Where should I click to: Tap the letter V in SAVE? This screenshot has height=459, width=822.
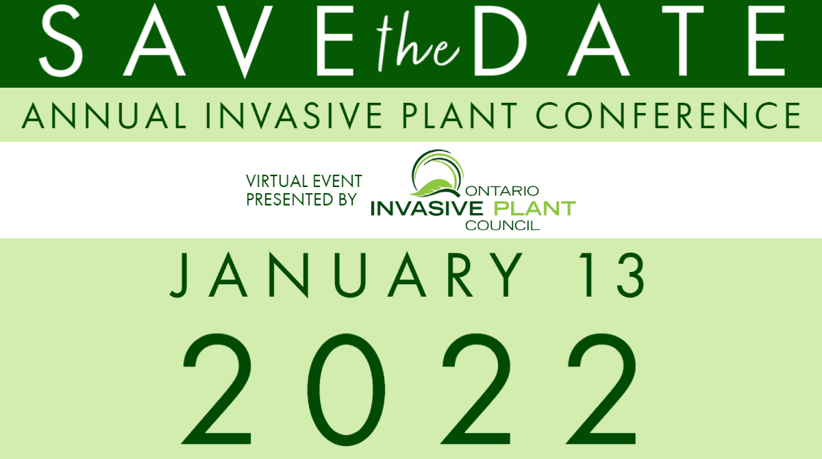[x=245, y=41]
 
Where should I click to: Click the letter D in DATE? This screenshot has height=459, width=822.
[x=500, y=40]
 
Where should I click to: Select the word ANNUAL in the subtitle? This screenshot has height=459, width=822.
[x=104, y=116]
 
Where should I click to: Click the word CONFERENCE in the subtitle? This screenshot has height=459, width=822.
[x=669, y=116]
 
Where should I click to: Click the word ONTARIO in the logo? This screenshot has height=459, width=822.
[x=502, y=190]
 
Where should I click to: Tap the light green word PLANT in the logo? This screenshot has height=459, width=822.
[x=535, y=208]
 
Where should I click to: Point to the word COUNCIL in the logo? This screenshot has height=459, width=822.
[x=502, y=225]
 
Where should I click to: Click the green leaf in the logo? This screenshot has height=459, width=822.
[x=434, y=188]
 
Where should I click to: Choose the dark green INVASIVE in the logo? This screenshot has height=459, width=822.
[x=426, y=208]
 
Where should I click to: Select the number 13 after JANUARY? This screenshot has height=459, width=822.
[x=612, y=275]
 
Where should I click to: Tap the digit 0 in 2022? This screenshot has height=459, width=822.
[x=346, y=390]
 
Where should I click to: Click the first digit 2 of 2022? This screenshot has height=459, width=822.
[x=217, y=389]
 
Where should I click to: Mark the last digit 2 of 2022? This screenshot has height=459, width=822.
[x=602, y=389]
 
